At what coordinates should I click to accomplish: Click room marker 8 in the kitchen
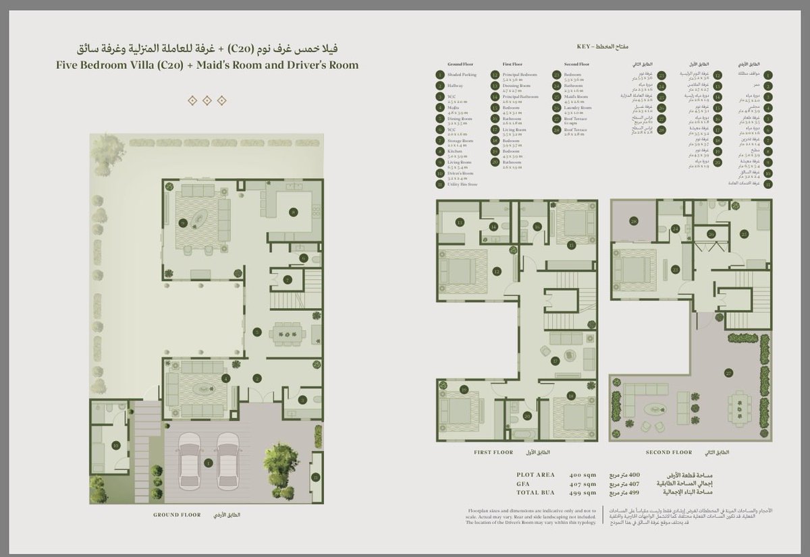[x=294, y=212]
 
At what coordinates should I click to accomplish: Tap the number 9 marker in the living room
[x=183, y=222]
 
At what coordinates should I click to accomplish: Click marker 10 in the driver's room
[x=115, y=445]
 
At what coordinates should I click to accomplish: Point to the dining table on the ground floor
[x=288, y=332]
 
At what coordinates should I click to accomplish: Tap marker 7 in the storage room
[x=287, y=279]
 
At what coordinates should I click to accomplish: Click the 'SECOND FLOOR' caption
[x=668, y=452]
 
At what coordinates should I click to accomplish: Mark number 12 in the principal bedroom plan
[x=496, y=272]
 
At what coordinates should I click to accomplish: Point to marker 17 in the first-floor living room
[x=556, y=361]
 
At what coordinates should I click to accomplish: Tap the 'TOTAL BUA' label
[x=535, y=492]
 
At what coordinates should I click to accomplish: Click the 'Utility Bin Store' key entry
[x=462, y=183]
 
